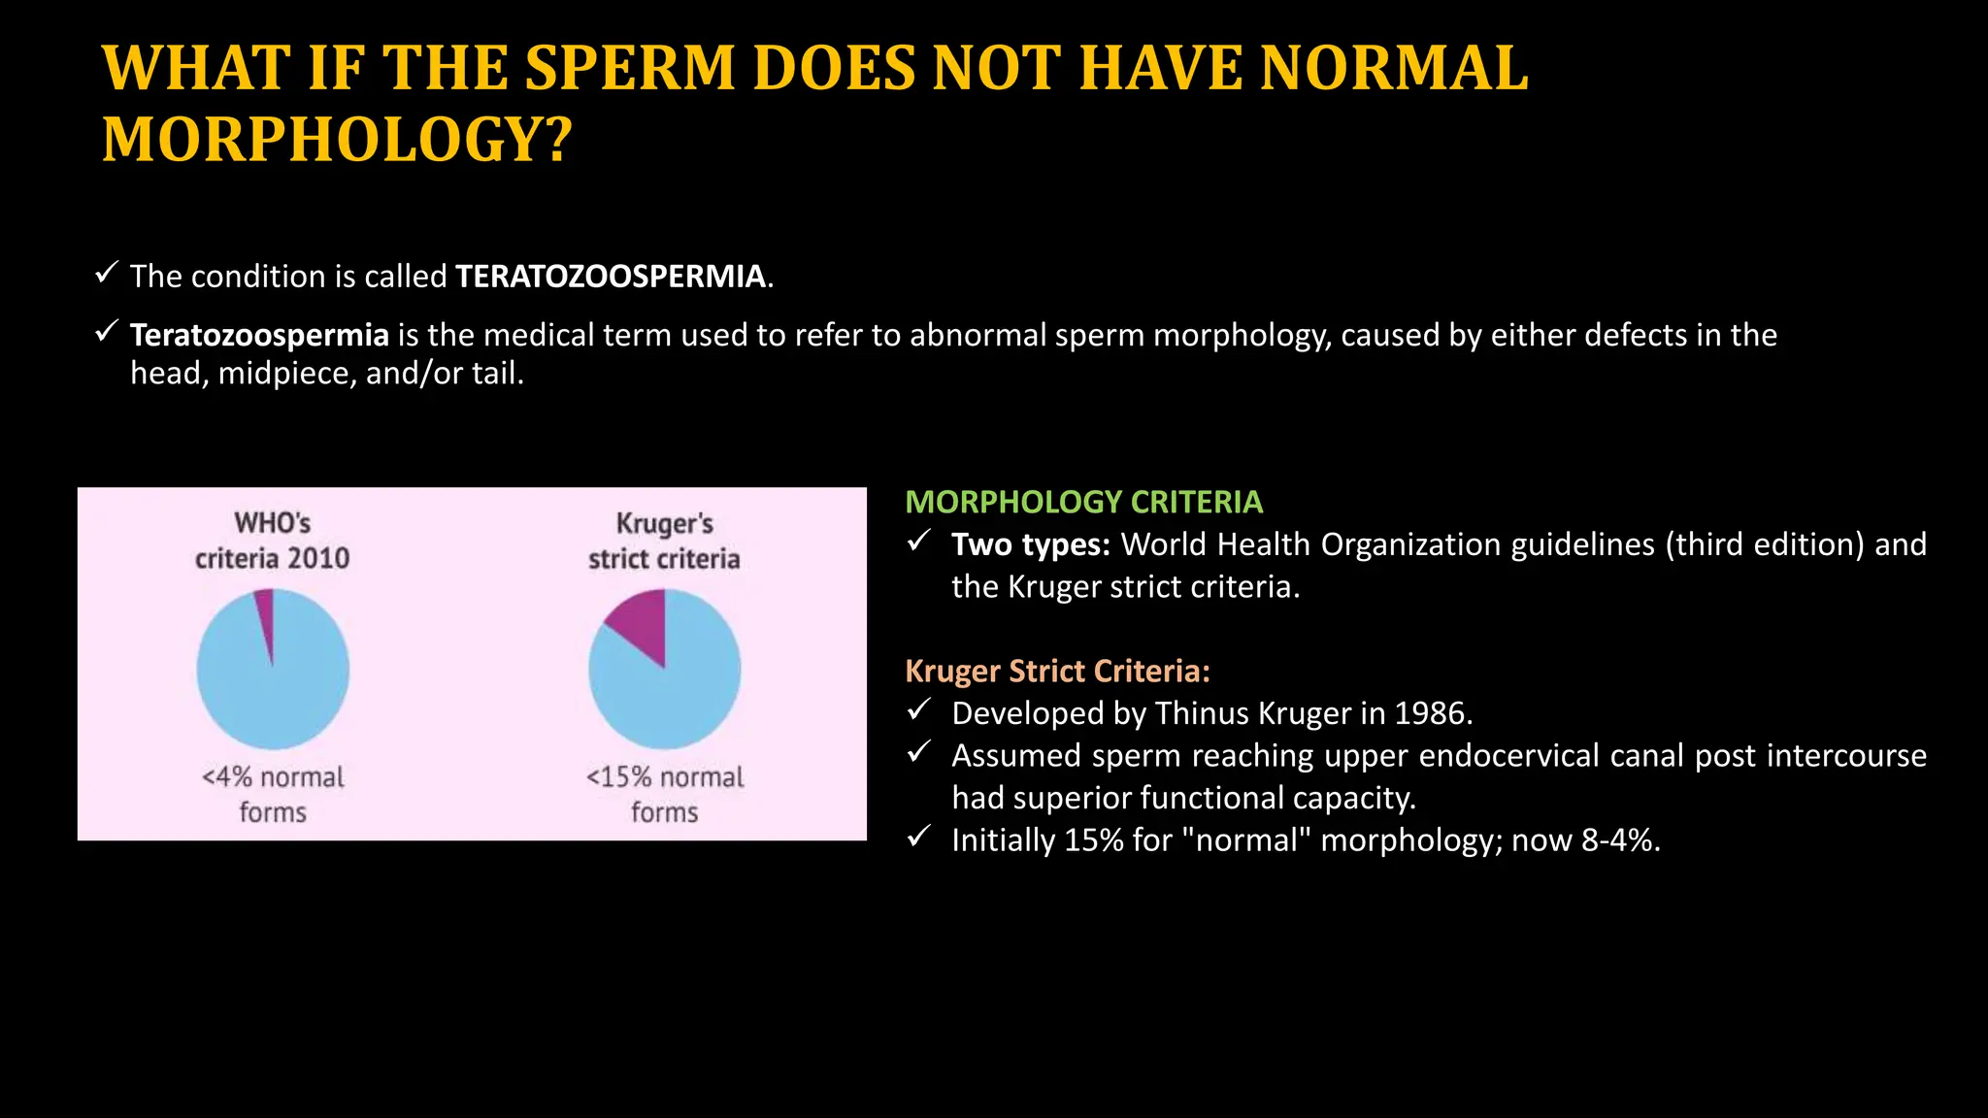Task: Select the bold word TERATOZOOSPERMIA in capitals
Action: point(611,277)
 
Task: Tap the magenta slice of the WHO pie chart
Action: point(265,611)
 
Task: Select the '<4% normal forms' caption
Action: point(273,794)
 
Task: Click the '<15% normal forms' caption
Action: point(665,794)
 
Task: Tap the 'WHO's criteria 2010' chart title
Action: point(273,541)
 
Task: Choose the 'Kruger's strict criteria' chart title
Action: point(665,541)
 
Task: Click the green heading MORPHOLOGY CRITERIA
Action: point(1083,502)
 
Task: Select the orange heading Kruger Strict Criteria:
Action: point(1057,671)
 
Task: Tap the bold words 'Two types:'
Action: point(1030,544)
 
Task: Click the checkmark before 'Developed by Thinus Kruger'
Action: point(918,710)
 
